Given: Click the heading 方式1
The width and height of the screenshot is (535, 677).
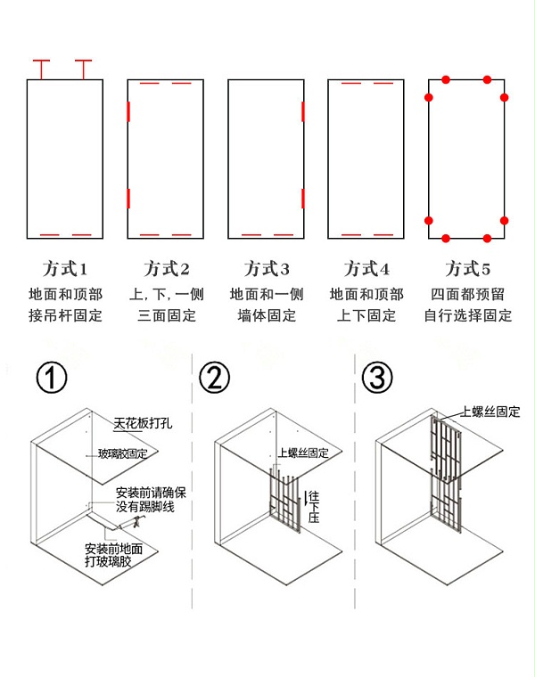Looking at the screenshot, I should [65, 269].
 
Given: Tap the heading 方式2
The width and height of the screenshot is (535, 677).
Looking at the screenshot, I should [166, 269].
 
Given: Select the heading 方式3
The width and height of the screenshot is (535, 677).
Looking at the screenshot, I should [267, 269].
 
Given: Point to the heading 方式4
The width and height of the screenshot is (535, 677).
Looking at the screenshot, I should [366, 269].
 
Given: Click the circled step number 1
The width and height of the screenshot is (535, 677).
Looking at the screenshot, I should [52, 379].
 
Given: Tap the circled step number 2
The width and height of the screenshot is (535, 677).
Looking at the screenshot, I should [215, 379].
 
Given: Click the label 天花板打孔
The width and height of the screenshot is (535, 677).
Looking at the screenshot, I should [143, 424].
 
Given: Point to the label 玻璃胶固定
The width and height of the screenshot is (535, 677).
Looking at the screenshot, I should [123, 453].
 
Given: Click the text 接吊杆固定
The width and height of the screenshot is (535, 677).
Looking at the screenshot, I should [65, 315].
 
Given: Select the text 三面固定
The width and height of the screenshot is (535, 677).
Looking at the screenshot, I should [166, 315].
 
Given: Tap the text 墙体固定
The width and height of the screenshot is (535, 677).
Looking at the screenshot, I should [267, 315].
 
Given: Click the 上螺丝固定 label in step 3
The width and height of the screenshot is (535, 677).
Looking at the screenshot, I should [490, 412].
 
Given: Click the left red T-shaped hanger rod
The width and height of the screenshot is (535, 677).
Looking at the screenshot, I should [41, 68].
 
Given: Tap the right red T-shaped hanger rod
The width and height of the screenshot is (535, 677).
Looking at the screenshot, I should [84, 68].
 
